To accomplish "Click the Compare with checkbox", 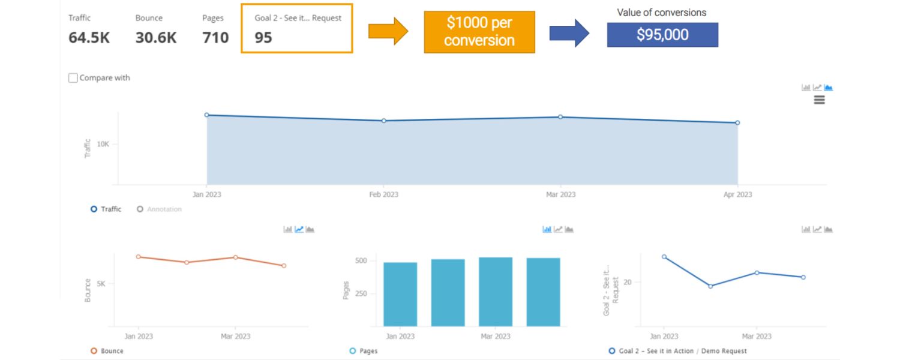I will [x=73, y=78].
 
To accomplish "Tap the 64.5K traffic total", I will [x=89, y=37].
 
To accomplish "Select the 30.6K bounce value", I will [x=156, y=37].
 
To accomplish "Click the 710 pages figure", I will [x=215, y=37].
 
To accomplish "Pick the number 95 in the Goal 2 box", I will [x=263, y=37].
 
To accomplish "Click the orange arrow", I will [x=388, y=32].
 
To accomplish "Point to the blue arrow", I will [x=569, y=32].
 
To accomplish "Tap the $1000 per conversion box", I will [x=479, y=32].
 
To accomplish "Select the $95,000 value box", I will [x=662, y=35].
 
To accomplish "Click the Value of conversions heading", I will [x=662, y=12].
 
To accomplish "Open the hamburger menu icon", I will [x=819, y=100].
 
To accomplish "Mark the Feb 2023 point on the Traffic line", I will [x=384, y=121].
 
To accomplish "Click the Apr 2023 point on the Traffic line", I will [x=737, y=122].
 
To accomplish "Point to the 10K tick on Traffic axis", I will [x=103, y=144].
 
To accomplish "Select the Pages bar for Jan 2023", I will [x=400, y=294].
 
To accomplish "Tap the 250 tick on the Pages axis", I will [x=361, y=294].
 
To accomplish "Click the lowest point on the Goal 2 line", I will [x=710, y=286].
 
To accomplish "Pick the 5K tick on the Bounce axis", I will [x=101, y=283].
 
